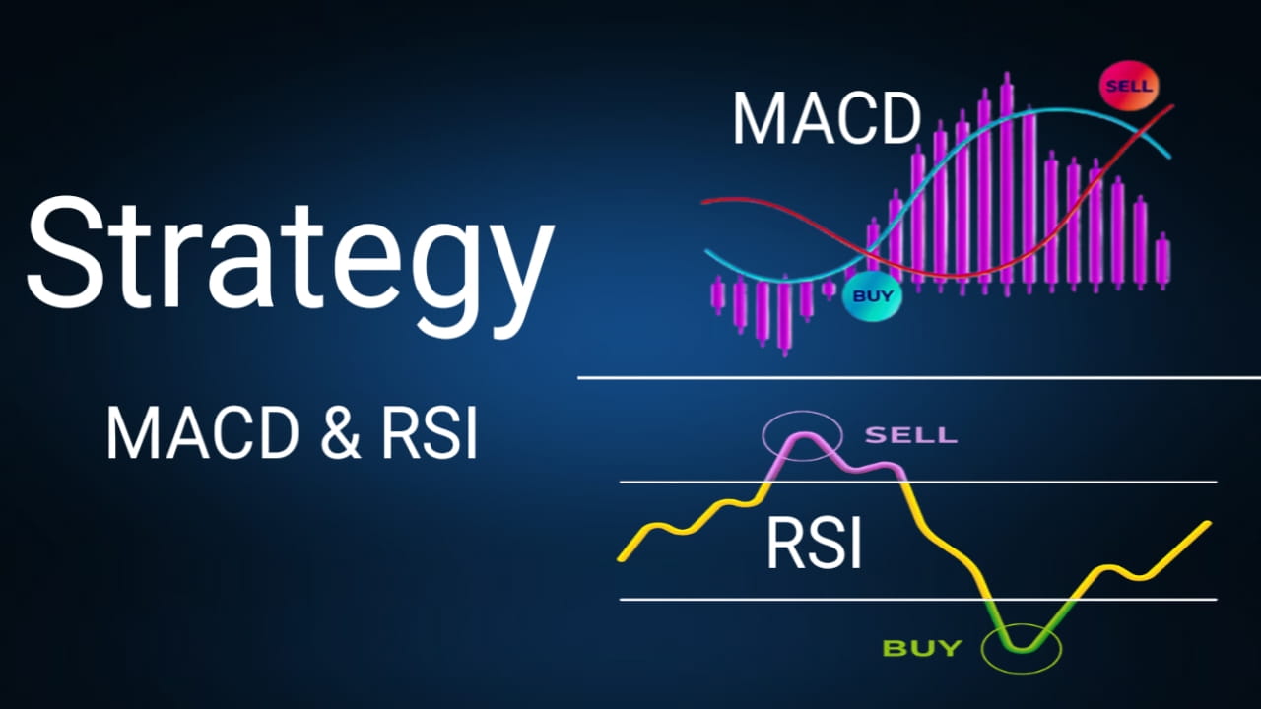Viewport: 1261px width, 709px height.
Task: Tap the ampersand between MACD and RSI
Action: [341, 434]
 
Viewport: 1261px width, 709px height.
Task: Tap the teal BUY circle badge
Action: [872, 295]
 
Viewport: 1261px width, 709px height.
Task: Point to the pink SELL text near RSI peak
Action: [909, 434]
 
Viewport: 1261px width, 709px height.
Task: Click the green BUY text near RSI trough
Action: [921, 648]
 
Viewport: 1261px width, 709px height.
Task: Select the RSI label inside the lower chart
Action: [814, 545]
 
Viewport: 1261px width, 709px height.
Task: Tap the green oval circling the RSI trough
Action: [1023, 648]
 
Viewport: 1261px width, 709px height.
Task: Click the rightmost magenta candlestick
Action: [1162, 260]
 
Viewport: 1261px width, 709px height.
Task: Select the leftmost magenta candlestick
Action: [717, 294]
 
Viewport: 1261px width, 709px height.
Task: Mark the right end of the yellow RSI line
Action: [1208, 523]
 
